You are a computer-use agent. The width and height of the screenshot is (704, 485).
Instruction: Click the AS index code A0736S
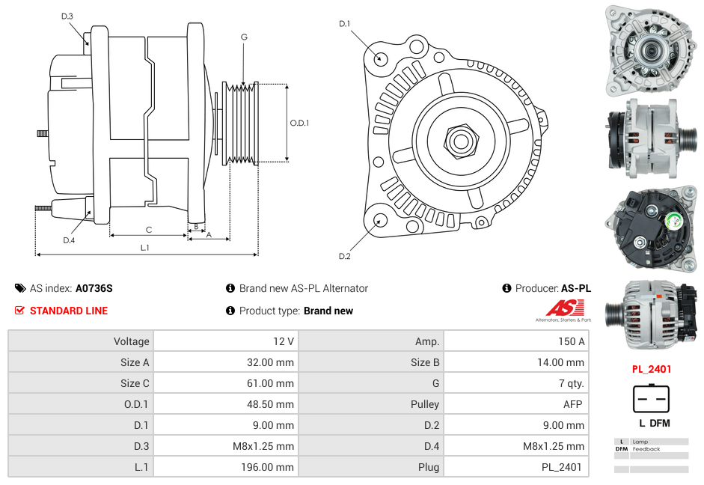(x=94, y=288)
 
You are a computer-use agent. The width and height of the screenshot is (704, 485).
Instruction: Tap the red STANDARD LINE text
(x=69, y=311)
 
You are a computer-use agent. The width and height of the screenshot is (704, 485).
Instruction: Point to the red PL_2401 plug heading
(x=651, y=369)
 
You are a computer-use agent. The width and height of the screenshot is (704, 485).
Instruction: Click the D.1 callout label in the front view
(x=344, y=24)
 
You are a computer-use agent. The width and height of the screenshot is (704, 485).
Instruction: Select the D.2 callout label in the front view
(x=344, y=257)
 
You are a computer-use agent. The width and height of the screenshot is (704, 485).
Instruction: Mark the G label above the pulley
(x=244, y=37)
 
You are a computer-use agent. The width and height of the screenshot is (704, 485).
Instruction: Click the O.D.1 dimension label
(x=299, y=123)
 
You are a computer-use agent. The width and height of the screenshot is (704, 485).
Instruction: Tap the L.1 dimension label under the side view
(x=145, y=248)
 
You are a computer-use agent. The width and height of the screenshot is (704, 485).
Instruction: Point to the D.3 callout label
(x=67, y=16)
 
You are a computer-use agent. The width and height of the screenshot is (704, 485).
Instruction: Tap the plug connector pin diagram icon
(x=651, y=399)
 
